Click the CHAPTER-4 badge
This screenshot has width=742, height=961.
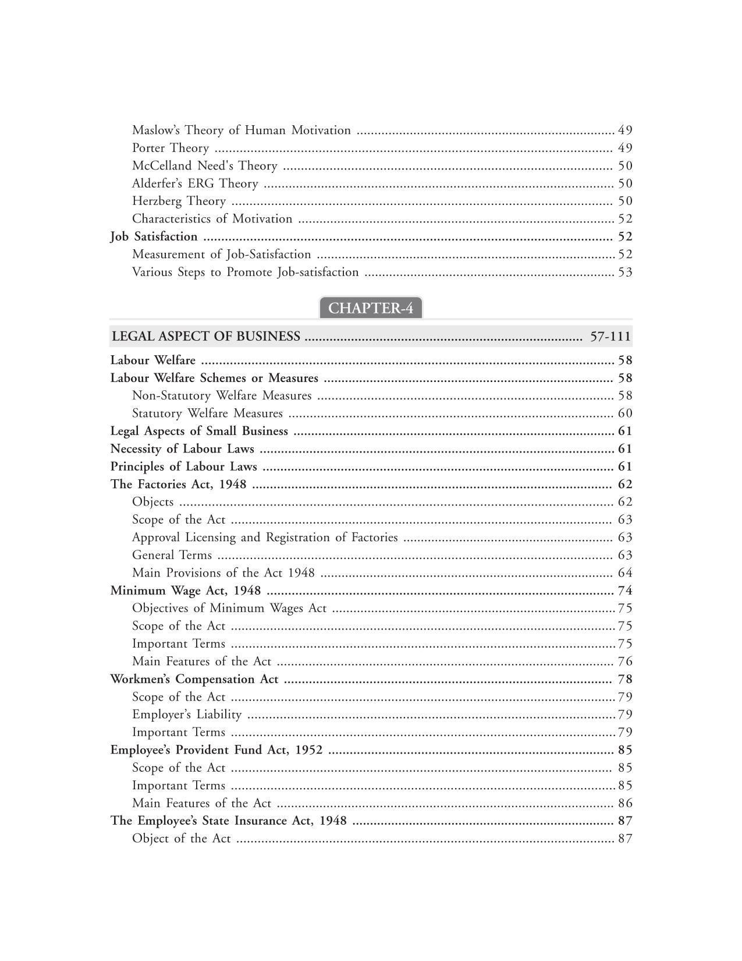[371, 308]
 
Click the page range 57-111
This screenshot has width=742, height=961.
[610, 337]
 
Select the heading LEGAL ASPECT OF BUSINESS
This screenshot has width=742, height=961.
[206, 337]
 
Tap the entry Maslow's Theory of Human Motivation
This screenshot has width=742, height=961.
[242, 130]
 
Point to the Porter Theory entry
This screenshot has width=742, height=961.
[171, 149]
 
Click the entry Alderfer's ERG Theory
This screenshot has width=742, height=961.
[195, 184]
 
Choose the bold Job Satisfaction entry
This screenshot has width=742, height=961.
[154, 237]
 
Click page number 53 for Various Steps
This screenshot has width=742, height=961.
[625, 273]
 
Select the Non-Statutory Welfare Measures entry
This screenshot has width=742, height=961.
[222, 396]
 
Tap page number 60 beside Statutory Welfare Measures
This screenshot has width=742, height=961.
[625, 414]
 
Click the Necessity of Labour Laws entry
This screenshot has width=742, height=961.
[182, 449]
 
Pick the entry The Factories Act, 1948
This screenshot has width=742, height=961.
[179, 485]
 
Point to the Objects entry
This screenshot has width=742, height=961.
[153, 502]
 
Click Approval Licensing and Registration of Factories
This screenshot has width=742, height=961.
[265, 538]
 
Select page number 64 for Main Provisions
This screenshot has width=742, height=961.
[625, 573]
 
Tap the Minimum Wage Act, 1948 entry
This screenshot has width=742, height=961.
[186, 591]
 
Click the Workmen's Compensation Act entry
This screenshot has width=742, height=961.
[194, 680]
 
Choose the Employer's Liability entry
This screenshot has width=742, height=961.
[187, 715]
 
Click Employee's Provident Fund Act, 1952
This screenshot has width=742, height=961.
[216, 750]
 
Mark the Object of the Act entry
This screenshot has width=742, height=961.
[182, 839]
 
